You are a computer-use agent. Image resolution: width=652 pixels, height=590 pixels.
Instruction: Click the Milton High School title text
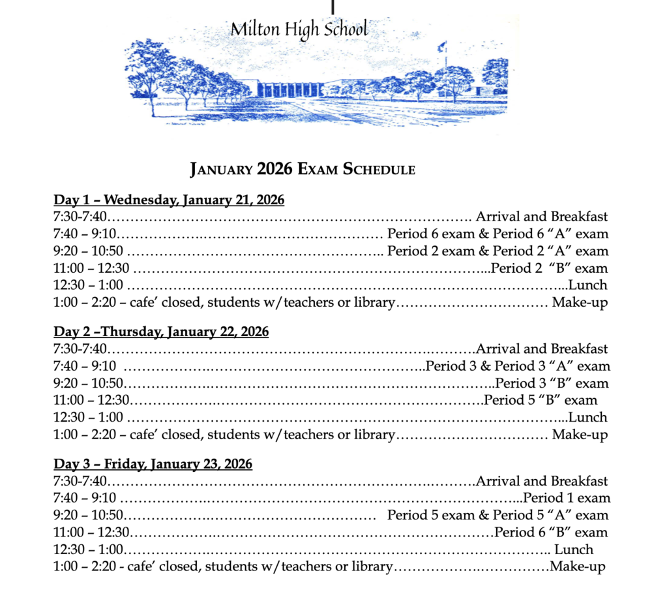299,30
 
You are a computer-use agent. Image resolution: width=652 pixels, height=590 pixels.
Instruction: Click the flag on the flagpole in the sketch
442,47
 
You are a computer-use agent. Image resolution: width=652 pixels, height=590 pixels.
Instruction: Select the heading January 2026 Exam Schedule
303,170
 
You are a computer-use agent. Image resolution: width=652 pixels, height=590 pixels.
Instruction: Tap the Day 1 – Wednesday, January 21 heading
169,200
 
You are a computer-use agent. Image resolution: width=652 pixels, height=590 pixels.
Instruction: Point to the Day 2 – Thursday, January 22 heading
161,332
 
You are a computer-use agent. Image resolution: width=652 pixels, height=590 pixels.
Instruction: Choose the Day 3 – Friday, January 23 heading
153,465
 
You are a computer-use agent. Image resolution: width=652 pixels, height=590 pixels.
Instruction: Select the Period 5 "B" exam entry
541,400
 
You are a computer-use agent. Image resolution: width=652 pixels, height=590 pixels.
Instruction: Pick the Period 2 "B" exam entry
550,268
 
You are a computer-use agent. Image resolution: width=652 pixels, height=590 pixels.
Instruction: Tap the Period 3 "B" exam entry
552,383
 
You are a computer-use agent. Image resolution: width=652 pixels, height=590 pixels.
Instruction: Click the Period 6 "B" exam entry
551,532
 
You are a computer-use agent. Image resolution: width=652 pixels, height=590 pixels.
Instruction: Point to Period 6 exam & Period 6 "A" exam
497,234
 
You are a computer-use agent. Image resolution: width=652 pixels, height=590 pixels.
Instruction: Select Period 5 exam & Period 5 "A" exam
497,515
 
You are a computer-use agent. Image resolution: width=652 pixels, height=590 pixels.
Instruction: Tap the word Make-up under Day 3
578,567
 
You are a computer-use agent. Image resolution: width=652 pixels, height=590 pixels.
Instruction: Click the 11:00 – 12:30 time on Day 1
91,268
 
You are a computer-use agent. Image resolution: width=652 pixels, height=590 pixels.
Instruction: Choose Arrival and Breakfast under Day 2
542,349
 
